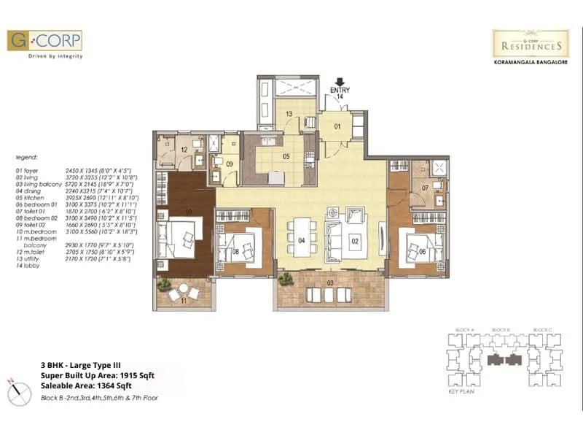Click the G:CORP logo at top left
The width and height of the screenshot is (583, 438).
(x=44, y=40)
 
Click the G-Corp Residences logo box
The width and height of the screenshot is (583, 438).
(x=531, y=44)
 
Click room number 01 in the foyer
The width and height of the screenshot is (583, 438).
(x=337, y=126)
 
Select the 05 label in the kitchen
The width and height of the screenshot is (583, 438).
(x=286, y=155)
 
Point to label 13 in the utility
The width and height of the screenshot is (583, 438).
(x=289, y=114)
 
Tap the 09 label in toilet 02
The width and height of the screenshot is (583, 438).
(x=230, y=164)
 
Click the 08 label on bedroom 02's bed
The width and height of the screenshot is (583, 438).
(x=235, y=253)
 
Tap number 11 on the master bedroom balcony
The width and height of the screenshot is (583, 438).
(x=184, y=300)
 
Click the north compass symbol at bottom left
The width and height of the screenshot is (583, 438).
(x=17, y=388)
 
